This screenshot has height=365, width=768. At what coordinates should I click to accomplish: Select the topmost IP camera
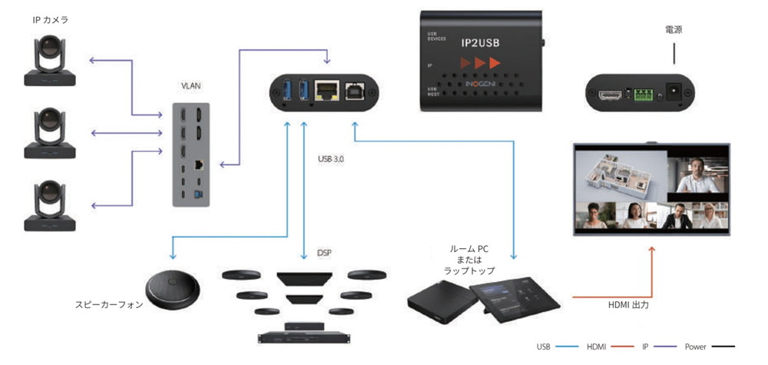50,62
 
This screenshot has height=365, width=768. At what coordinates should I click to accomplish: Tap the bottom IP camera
50,206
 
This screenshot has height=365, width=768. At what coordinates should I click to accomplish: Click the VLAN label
190,86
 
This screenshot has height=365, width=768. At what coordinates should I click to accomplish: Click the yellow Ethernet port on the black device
327,91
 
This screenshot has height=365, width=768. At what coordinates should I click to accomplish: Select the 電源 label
674,30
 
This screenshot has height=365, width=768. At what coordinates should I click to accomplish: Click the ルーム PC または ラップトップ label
471,260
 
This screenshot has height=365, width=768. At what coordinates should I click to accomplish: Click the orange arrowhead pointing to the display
652,250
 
